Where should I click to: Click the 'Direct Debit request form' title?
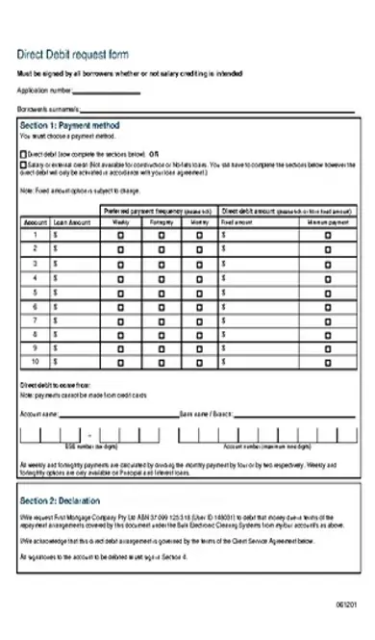pyautogui.click(x=73, y=55)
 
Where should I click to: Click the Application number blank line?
pyautogui.click(x=107, y=91)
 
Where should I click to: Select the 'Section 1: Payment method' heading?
pyautogui.click(x=70, y=126)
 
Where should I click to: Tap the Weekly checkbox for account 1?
pyautogui.click(x=120, y=234)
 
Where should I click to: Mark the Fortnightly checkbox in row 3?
pyautogui.click(x=161, y=263)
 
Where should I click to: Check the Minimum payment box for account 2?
pyautogui.click(x=328, y=248)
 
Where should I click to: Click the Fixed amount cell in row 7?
pyautogui.click(x=254, y=320)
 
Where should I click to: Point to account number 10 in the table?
pyautogui.click(x=35, y=362)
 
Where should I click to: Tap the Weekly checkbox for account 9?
pyautogui.click(x=120, y=347)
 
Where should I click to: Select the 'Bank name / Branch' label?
pyautogui.click(x=208, y=414)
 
